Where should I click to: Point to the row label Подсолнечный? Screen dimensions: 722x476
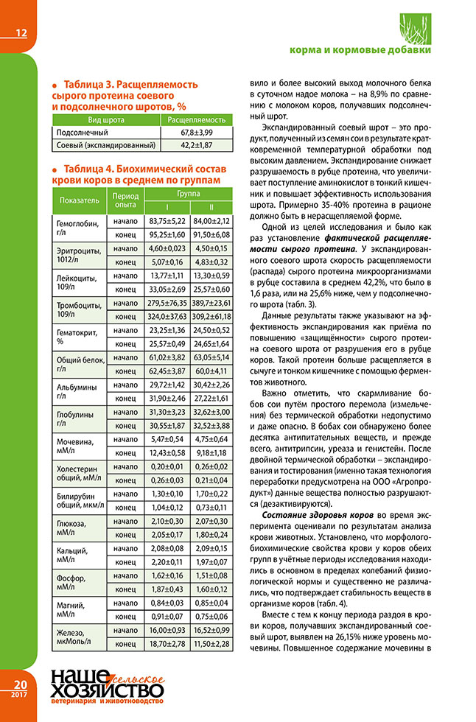81,132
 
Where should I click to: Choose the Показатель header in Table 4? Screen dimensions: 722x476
76,199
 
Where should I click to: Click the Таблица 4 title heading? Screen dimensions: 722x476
136,174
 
